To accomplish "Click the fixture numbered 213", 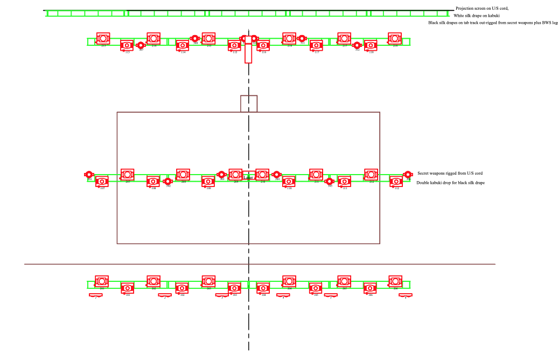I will [103, 39].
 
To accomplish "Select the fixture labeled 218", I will [395, 39].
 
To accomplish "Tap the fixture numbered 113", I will [127, 46].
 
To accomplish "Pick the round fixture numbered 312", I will [357, 45].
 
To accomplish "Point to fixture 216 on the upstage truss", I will [289, 39].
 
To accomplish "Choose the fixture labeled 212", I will [371, 175].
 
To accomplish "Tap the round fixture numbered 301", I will [89, 175].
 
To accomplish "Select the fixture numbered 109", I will [208, 182].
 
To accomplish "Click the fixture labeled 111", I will [344, 182].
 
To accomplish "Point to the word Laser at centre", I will [248, 177].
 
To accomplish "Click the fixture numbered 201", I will [102, 281].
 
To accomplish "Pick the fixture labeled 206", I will [395, 281].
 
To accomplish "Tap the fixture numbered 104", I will [263, 288].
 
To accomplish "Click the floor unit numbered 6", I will [406, 295].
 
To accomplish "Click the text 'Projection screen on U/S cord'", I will [482, 9].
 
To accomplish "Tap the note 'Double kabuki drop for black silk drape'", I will [450, 183].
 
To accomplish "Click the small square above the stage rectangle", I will [249, 103].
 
